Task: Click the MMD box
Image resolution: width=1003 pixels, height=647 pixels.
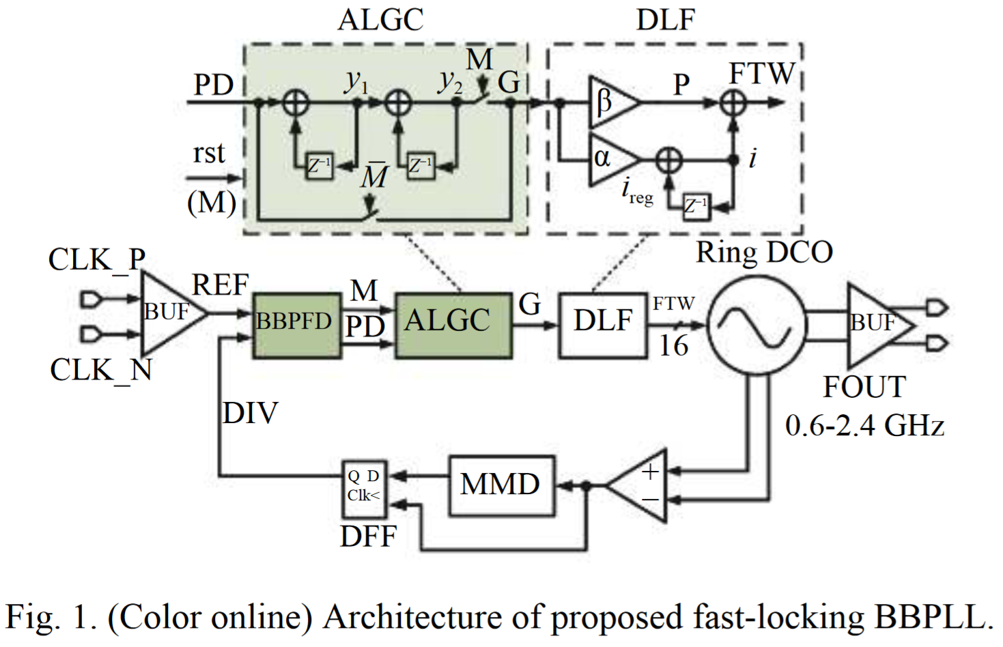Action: point(501,485)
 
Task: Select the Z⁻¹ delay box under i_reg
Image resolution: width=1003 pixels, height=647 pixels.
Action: point(696,206)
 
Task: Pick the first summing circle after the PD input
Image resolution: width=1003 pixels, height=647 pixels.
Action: point(296,104)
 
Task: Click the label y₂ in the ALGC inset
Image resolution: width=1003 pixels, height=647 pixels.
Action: point(450,81)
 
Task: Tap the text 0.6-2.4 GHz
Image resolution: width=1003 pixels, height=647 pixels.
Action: point(864,426)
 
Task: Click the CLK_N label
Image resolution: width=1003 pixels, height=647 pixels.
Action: point(101,371)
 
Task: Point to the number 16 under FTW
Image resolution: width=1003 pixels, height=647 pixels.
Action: point(673,346)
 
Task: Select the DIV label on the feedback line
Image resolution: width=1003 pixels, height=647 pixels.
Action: point(251,414)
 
